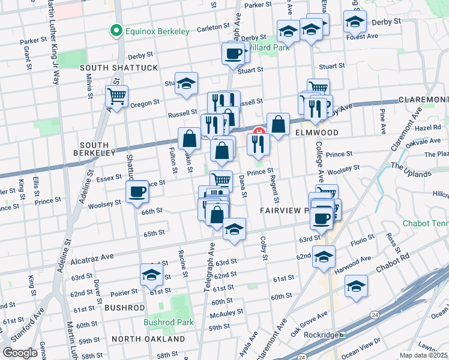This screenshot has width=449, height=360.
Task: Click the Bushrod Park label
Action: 168,322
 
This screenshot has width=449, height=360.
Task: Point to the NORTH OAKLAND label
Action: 148,339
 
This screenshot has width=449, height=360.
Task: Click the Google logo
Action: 20,353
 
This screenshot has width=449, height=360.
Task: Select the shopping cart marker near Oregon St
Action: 116,96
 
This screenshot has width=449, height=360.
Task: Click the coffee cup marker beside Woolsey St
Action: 137,191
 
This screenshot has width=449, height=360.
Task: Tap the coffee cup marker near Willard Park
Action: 234,54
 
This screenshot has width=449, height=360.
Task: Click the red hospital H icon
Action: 260,132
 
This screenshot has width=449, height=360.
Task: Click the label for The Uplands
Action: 411,170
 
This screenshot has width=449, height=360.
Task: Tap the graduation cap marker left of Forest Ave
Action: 355,22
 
